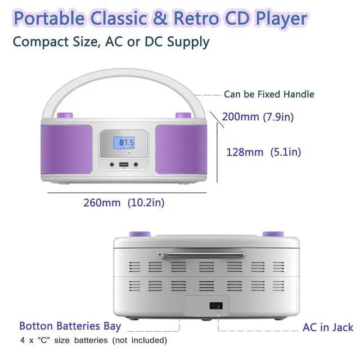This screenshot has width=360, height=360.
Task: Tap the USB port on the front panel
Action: click(124, 165)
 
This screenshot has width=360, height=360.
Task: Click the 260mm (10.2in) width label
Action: click(124, 202)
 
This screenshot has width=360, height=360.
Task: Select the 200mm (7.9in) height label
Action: click(258, 117)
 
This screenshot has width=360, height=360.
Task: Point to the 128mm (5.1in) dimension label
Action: click(263, 151)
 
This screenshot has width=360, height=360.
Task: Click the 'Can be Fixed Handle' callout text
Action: click(269, 94)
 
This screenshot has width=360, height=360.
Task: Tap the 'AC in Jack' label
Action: click(328, 327)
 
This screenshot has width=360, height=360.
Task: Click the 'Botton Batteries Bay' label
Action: click(70, 326)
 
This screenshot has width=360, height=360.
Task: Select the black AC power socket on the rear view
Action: click(216, 306)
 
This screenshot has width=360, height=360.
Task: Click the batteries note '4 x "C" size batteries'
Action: click(93, 340)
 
